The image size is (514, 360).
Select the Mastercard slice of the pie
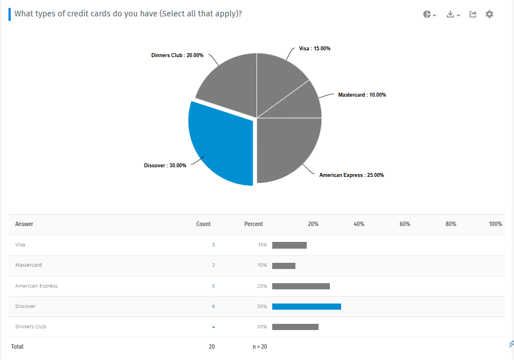point(302,105)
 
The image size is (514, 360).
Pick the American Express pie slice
point(288,150)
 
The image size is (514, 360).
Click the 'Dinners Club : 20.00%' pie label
point(177,55)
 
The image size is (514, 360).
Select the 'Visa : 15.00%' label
point(315,49)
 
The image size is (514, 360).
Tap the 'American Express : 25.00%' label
point(351,175)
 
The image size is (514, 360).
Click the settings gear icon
point(489,14)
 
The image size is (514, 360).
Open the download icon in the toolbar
point(452,14)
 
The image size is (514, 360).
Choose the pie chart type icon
point(428,14)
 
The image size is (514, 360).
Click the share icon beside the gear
point(473,14)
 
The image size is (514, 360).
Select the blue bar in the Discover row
point(306,306)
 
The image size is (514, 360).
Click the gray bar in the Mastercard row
point(284,266)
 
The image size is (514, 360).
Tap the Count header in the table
point(203,224)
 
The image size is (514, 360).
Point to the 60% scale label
point(404,224)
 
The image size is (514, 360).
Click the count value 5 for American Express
point(213,286)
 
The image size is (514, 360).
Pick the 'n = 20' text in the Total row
point(260,346)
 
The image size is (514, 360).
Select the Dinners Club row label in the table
point(31,327)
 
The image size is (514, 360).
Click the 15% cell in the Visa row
point(262,245)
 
